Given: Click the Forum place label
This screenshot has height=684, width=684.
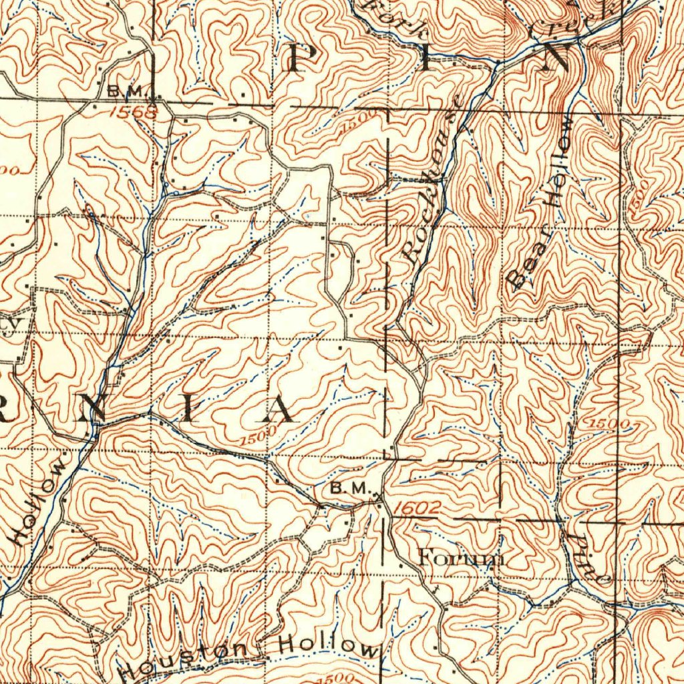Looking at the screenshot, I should click(x=460, y=556).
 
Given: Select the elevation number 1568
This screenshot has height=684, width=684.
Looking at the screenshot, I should click(x=133, y=112).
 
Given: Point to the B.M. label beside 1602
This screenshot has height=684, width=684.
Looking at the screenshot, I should click(x=349, y=488).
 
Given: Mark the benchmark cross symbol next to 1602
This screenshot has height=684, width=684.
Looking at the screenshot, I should click(x=378, y=496).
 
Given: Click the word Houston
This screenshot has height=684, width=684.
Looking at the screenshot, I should click(x=184, y=659).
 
